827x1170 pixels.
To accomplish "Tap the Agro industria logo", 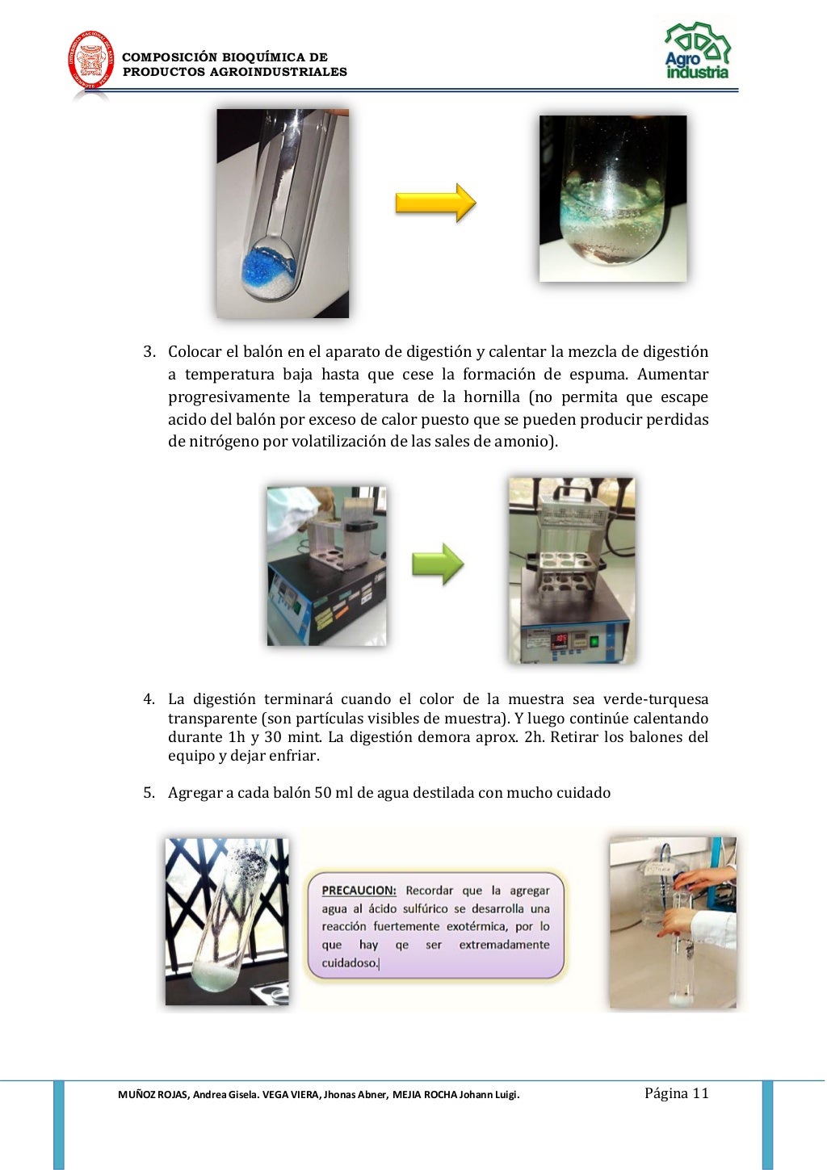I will (697, 52).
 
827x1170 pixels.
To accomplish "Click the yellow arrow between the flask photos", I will (435, 203).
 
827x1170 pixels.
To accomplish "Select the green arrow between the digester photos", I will (438, 564).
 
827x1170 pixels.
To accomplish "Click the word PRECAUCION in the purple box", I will (359, 891).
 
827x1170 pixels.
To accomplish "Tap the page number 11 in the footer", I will (700, 1093).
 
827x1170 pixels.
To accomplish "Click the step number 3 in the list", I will (149, 352).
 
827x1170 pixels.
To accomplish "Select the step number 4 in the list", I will (149, 699).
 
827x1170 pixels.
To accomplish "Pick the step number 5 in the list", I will (149, 793).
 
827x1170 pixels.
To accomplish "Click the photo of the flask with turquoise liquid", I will (612, 199).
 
